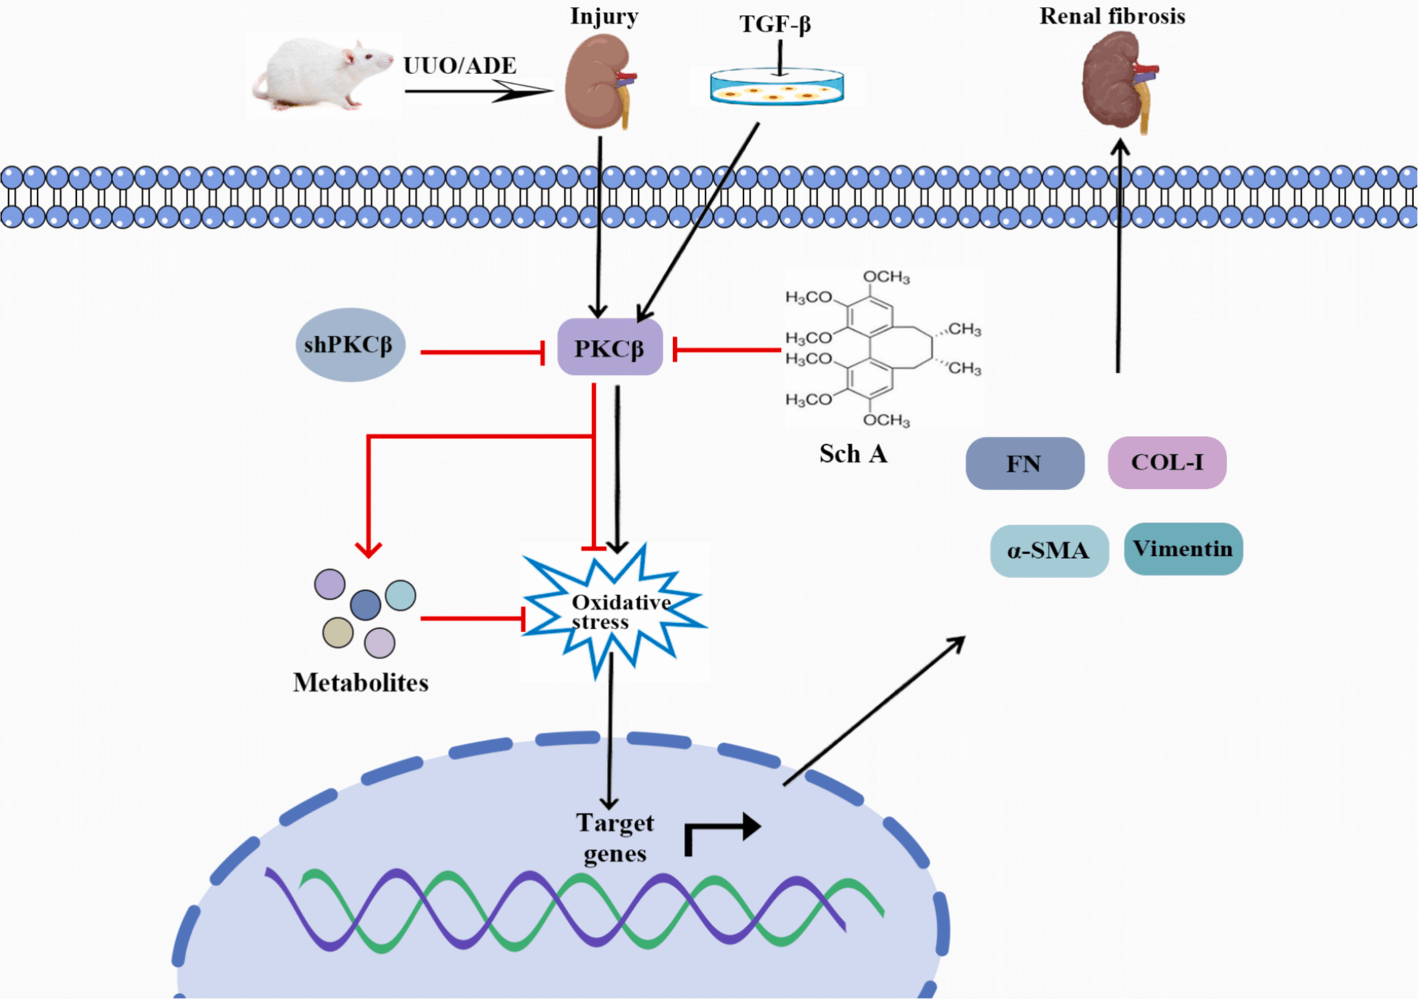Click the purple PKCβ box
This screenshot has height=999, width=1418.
[610, 348]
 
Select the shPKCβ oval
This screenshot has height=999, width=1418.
[350, 345]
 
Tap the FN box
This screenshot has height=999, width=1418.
[1025, 463]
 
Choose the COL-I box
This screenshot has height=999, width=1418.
[1167, 462]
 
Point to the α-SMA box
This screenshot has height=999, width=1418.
[1049, 551]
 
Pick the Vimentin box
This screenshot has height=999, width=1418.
[1183, 549]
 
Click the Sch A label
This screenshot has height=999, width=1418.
[853, 454]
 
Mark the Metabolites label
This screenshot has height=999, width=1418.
[361, 683]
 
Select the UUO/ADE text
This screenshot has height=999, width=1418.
[460, 66]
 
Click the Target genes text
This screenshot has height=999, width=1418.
[615, 838]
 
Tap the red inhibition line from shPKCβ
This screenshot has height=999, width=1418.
[482, 352]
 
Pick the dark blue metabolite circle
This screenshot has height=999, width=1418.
[366, 604]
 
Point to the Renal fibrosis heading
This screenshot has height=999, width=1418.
[1112, 17]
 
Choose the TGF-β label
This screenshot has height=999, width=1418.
[775, 25]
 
